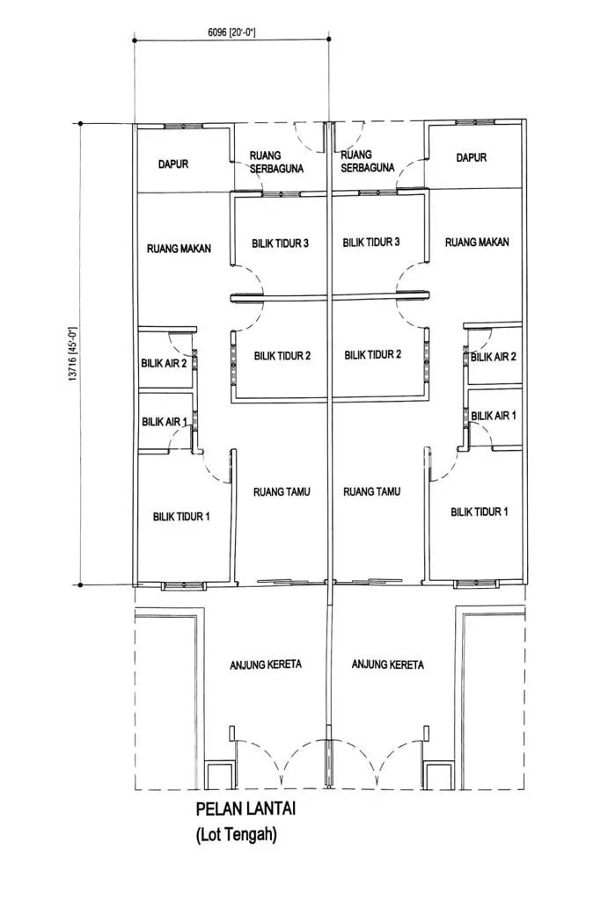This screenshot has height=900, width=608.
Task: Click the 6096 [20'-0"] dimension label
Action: click(x=231, y=33)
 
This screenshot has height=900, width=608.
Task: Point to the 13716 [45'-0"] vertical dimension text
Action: click(x=72, y=354)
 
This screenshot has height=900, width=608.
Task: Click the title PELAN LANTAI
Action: click(x=246, y=809)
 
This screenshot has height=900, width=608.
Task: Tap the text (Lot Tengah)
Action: click(x=236, y=834)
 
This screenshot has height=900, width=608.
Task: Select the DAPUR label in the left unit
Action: click(x=173, y=164)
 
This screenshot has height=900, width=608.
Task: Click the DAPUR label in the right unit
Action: click(x=472, y=157)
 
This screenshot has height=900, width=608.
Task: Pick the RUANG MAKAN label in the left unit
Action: click(x=179, y=249)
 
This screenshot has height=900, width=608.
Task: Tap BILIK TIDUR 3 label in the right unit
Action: click(x=370, y=243)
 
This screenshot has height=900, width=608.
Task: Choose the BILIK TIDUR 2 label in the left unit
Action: click(x=282, y=356)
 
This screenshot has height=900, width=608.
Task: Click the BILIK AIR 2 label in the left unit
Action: click(x=164, y=363)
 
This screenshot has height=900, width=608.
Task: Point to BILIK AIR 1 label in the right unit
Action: click(x=494, y=416)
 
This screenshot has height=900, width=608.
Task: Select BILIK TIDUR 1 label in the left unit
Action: click(x=181, y=517)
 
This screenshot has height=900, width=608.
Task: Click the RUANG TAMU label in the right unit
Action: click(x=372, y=491)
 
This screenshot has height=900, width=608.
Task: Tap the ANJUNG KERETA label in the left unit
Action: click(x=266, y=664)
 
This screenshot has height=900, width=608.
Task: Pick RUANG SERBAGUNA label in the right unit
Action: click(x=368, y=161)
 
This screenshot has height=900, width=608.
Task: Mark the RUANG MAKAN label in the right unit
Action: click(x=477, y=243)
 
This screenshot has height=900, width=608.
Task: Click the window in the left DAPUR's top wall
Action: click(x=183, y=126)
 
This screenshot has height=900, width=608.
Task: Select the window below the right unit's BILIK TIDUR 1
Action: click(x=474, y=584)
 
